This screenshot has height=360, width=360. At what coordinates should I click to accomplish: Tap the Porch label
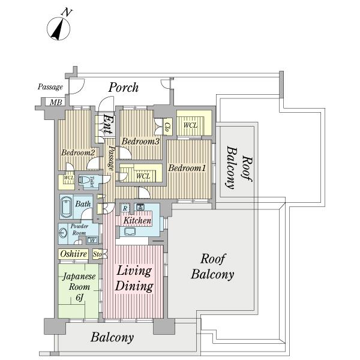click(x=124, y=88)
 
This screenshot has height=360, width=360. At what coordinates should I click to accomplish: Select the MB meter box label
click(x=56, y=102)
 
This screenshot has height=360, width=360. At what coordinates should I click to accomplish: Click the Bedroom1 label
click(x=187, y=168)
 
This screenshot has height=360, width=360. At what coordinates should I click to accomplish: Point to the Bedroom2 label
click(x=78, y=152)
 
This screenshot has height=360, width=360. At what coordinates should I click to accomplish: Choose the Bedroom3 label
click(x=140, y=141)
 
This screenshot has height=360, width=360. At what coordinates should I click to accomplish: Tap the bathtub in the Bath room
click(x=66, y=206)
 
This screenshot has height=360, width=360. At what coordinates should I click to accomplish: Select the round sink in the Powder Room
click(x=62, y=233)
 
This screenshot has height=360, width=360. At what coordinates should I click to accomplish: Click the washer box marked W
click(x=92, y=240)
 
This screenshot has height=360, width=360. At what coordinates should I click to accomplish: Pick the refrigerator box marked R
click(x=125, y=208)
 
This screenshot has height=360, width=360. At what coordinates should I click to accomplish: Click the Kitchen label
click(x=137, y=221)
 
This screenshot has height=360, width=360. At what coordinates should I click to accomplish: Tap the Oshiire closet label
click(x=73, y=254)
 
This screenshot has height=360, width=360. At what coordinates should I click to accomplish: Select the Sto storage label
click(x=97, y=254)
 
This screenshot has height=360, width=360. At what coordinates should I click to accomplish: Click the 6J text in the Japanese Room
click(x=79, y=298)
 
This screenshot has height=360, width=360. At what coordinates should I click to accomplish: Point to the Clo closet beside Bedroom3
click(x=167, y=127)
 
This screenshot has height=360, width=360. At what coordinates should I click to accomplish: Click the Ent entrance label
click(x=107, y=124)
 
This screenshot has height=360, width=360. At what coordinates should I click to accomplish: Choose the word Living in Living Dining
click(x=134, y=271)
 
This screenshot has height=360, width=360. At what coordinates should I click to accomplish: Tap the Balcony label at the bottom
click(x=112, y=337)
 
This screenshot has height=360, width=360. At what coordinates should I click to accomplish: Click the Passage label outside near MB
click(x=50, y=87)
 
